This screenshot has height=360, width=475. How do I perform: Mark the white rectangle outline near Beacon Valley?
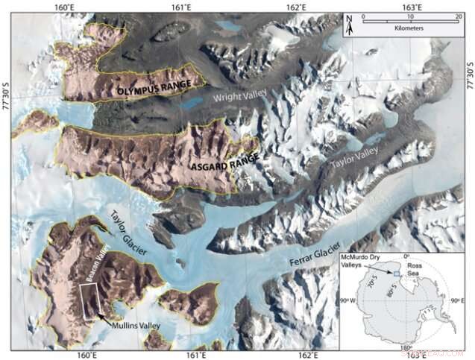pos(90,301)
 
